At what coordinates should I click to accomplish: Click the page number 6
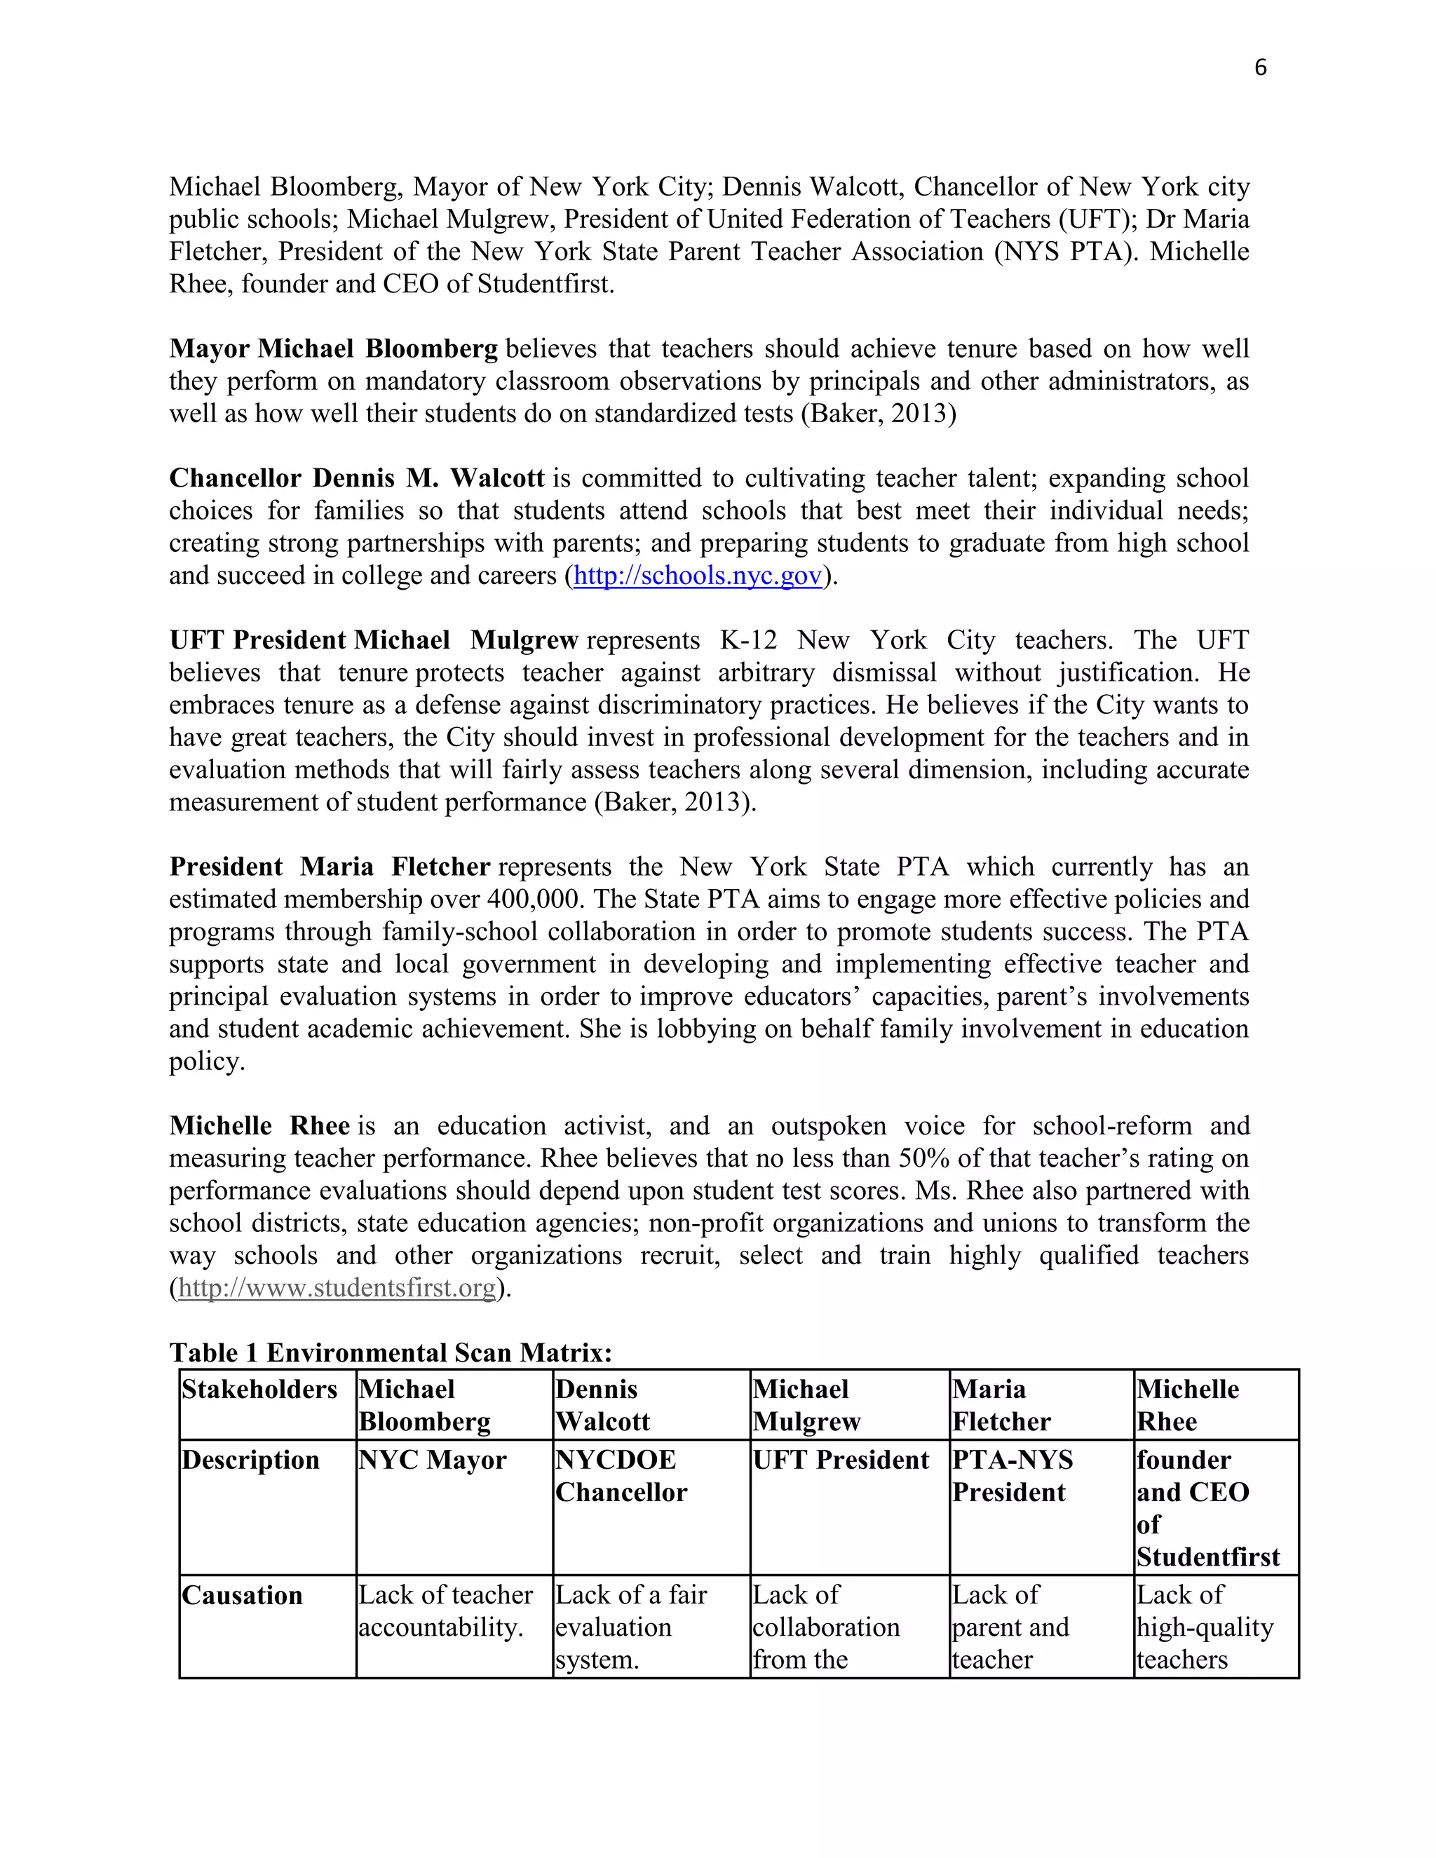point(1260,68)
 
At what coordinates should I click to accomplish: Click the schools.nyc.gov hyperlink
point(698,576)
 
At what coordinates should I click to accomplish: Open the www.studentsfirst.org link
point(337,1288)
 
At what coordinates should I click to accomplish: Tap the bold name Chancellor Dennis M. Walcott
point(355,478)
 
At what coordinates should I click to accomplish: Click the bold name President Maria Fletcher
point(330,867)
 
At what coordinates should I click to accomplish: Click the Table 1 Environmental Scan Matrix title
point(391,1352)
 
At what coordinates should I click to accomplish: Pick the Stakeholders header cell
point(259,1389)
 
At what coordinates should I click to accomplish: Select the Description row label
point(250,1460)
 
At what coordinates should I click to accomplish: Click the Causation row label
point(242,1595)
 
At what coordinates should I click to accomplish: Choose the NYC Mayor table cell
point(432,1460)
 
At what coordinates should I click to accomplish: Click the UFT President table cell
point(841,1460)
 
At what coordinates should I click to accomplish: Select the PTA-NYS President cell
point(1012,1476)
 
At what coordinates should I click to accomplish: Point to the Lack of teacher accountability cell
point(445,1611)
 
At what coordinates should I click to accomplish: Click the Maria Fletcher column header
point(1001,1405)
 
